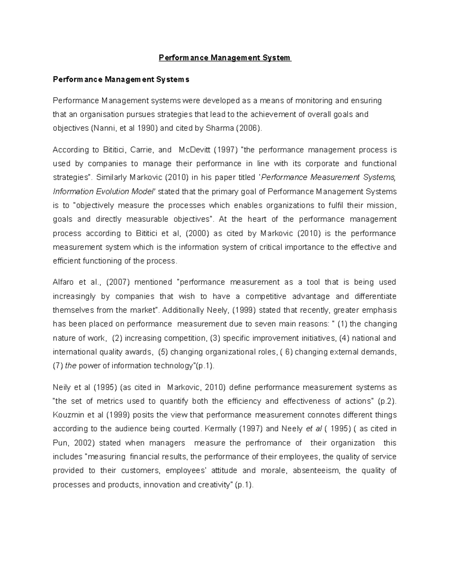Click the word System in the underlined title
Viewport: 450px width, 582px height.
coord(277,58)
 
